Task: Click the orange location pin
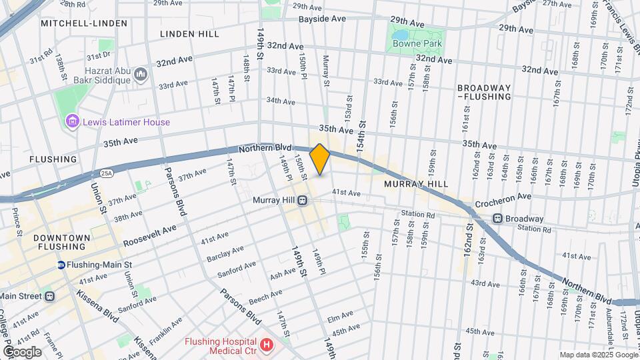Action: point(320,159)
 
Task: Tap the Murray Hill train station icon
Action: point(302,200)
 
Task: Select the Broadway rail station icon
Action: point(497,219)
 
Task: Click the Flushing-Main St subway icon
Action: point(61,265)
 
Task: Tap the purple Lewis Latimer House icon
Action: point(73,122)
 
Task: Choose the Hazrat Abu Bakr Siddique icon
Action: point(141,74)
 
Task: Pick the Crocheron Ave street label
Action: point(503,197)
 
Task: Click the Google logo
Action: point(22,352)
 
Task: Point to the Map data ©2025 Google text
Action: point(598,355)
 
